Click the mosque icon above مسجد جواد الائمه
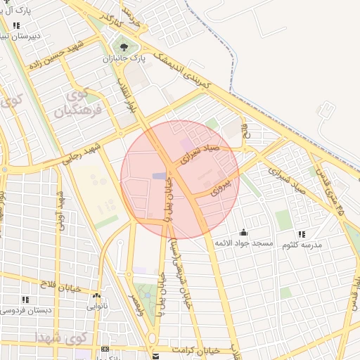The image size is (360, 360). [x=243, y=232]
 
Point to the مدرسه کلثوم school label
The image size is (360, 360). [x=302, y=245]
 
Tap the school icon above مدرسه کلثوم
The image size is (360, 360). [x=301, y=234]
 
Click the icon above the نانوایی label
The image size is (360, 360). [x=96, y=296]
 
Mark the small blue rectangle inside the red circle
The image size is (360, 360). [x=160, y=175]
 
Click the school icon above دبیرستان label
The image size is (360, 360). [x=15, y=26]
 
